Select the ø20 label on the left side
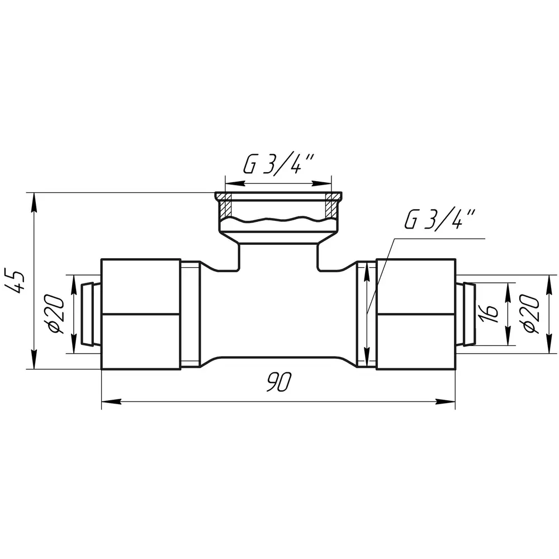(x=56, y=314)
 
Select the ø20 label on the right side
(x=531, y=314)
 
